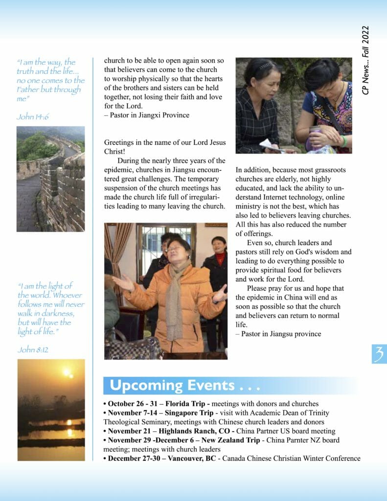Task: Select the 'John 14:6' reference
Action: coord(32,116)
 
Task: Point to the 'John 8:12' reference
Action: coord(33,349)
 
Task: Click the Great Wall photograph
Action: coord(50,179)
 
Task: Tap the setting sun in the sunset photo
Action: coord(67,373)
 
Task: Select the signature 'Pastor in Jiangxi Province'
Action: coord(149,115)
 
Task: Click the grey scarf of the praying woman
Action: coord(174,298)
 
